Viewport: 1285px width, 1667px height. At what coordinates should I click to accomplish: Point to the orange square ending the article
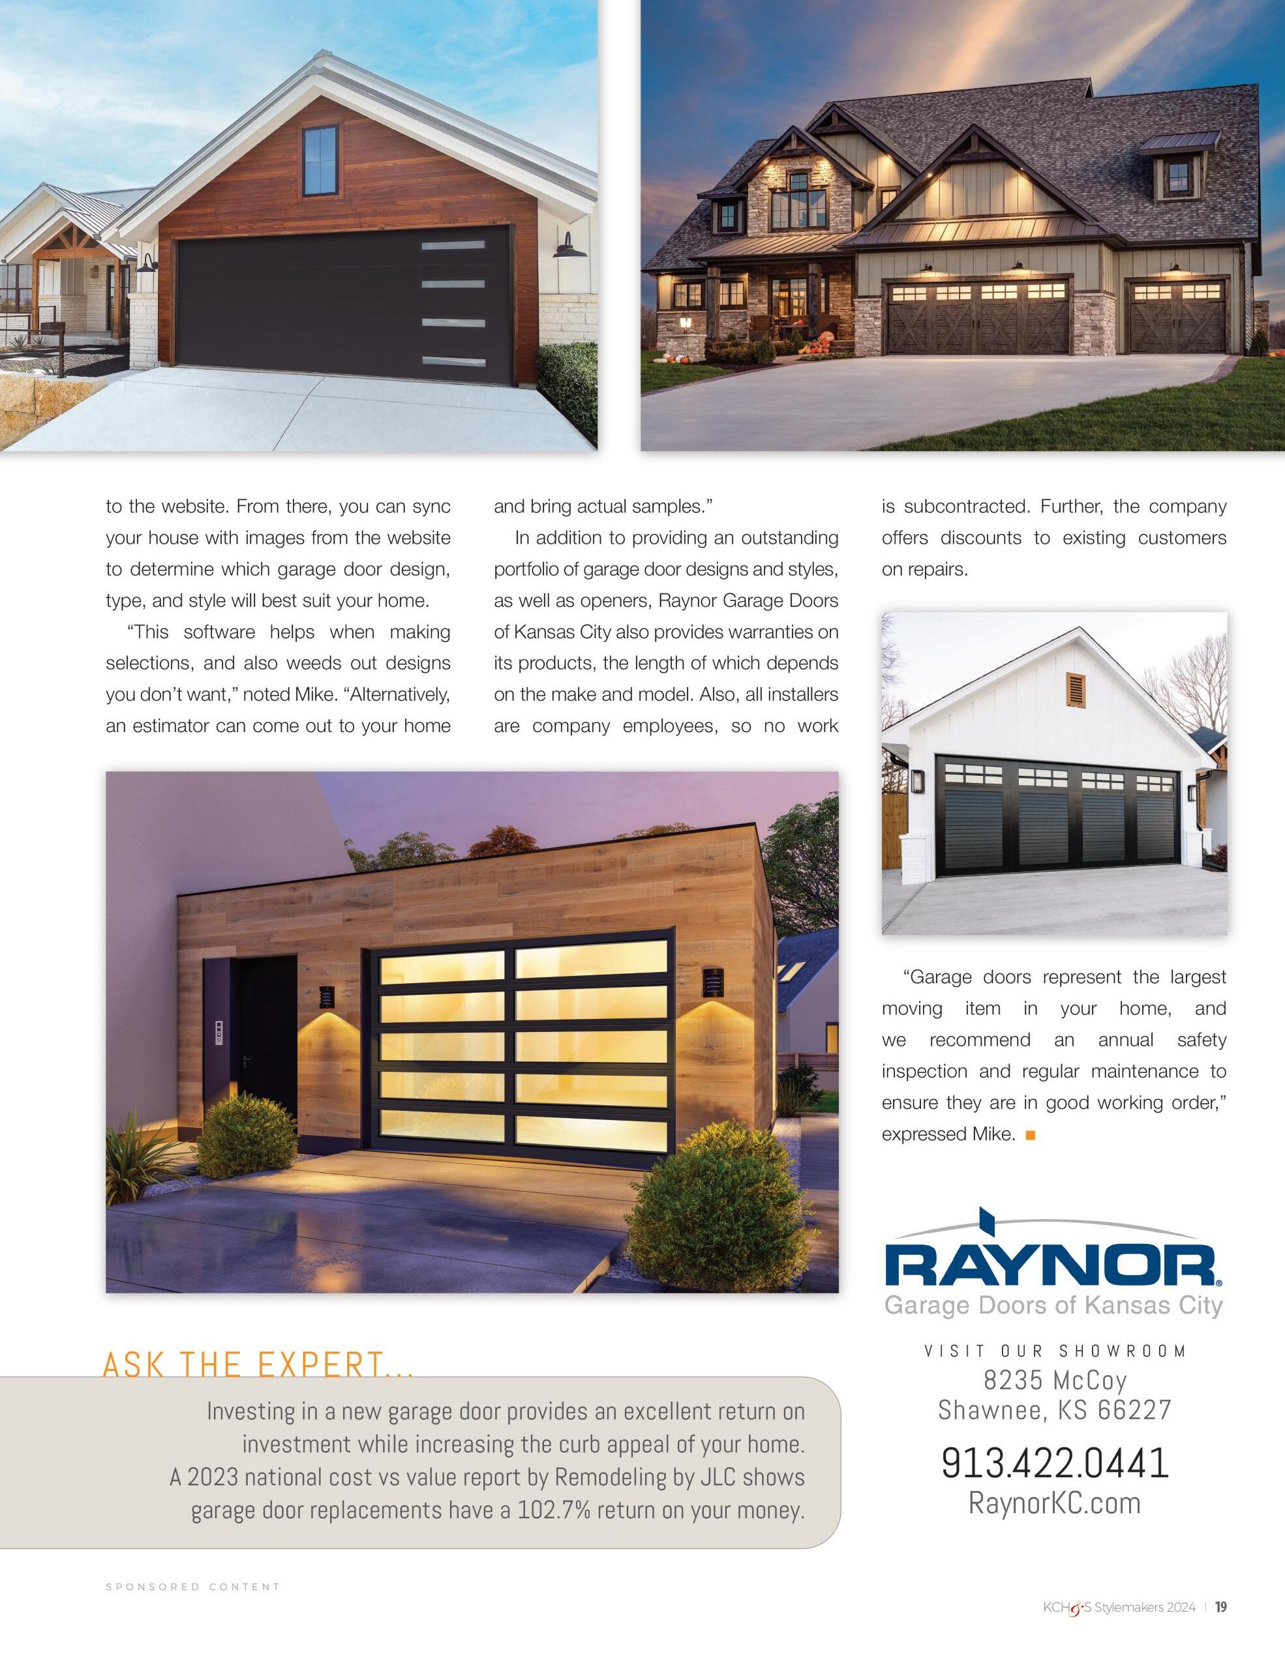(x=1030, y=1135)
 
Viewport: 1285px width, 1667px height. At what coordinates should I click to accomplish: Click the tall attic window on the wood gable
(x=320, y=160)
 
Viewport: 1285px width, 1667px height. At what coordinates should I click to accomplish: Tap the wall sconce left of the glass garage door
(x=327, y=996)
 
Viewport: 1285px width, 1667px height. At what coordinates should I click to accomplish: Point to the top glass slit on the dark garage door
(x=443, y=246)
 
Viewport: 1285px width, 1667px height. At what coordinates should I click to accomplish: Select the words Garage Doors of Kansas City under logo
(x=1053, y=1306)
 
